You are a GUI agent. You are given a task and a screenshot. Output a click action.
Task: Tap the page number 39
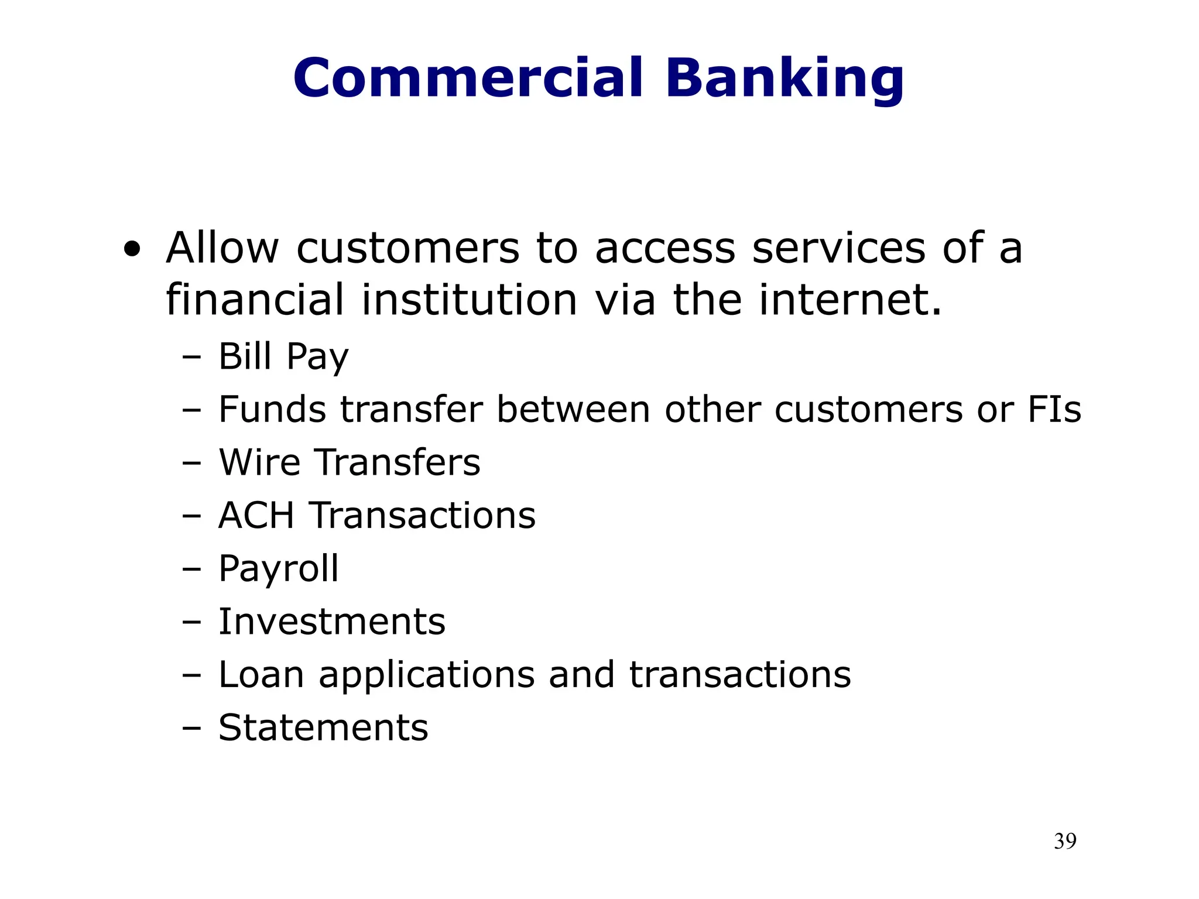1064,841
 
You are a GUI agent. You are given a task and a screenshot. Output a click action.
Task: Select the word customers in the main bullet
408,248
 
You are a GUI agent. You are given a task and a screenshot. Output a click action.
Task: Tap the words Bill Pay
283,356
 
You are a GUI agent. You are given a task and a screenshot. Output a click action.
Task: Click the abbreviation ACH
256,516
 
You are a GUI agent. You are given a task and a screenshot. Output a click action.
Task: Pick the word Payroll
279,569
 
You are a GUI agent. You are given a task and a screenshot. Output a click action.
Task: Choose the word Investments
332,622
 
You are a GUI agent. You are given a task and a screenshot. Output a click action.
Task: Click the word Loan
261,675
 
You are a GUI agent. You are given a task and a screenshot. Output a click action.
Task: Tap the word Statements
323,728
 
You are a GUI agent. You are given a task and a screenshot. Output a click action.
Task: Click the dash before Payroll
191,569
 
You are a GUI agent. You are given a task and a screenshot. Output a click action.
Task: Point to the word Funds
272,409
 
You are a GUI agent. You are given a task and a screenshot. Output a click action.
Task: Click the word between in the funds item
573,409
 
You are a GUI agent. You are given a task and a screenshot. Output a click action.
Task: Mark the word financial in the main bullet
255,300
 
